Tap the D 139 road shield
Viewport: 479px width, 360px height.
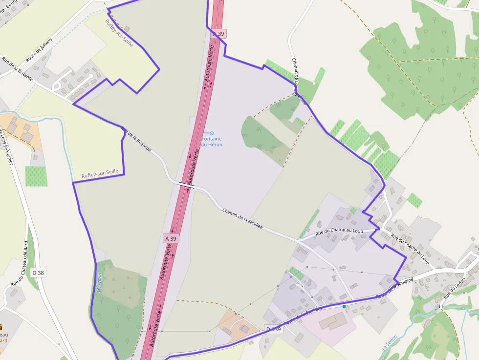click(x=274, y=329)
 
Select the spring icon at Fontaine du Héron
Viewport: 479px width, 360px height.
click(x=212, y=133)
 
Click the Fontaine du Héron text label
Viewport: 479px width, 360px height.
click(x=212, y=142)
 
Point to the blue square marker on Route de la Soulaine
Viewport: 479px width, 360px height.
click(x=344, y=306)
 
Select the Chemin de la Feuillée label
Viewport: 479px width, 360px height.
click(x=242, y=218)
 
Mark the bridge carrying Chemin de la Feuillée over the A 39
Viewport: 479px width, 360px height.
click(x=186, y=185)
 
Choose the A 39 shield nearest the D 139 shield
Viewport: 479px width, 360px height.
click(x=170, y=238)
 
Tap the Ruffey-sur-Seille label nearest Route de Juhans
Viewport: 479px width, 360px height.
click(x=119, y=30)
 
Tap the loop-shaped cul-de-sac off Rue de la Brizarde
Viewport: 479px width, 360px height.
click(x=57, y=86)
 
